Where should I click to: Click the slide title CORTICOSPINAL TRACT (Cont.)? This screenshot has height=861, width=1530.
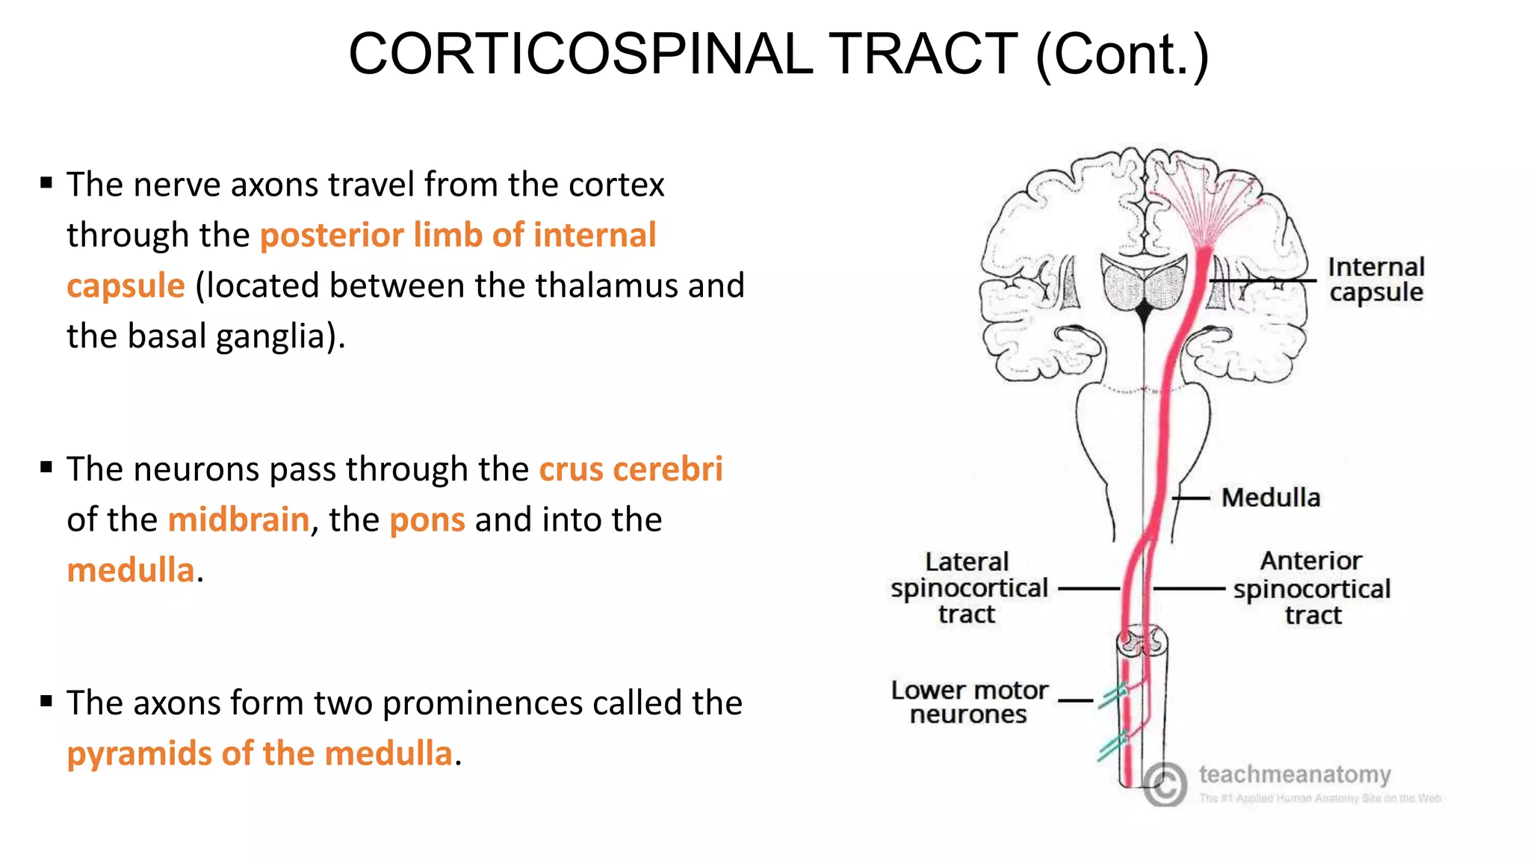[778, 54]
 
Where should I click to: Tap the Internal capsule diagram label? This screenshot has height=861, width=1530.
[1375, 280]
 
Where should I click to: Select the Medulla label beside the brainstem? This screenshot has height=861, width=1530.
[1270, 498]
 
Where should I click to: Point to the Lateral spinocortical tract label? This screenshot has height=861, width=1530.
[968, 588]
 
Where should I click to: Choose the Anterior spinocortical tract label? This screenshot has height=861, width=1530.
[1312, 589]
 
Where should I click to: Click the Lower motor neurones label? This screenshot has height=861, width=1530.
[969, 702]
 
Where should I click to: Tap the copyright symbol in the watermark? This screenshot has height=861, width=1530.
[1165, 784]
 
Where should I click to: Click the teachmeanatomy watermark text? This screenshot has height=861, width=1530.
[1295, 774]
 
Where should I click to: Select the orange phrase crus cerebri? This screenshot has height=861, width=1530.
[631, 469]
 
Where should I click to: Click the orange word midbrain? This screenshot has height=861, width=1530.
[238, 519]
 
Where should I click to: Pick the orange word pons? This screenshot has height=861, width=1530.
[427, 519]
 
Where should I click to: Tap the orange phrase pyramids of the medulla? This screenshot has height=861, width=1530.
[259, 753]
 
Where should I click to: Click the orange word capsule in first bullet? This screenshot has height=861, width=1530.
[126, 286]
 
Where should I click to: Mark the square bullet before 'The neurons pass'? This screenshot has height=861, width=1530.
[47, 468]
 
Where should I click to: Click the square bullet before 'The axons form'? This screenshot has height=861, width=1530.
[47, 701]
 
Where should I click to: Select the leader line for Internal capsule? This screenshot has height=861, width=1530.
[1263, 281]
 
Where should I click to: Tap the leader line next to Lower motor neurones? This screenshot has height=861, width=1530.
[1076, 701]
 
